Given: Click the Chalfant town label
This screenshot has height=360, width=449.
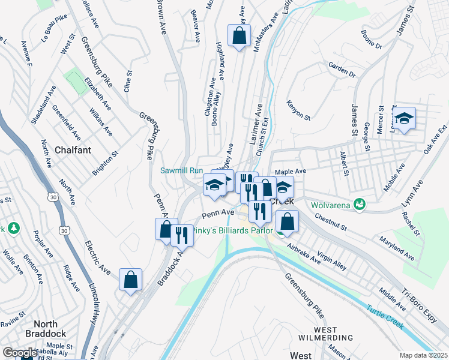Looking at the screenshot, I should [73, 149].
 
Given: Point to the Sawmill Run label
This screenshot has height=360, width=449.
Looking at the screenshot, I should [181, 170].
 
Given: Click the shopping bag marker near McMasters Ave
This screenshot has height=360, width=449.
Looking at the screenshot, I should [239, 35].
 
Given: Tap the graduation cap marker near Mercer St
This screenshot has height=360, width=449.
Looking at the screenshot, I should [405, 118].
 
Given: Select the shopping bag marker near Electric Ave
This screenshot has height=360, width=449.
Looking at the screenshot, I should [130, 280].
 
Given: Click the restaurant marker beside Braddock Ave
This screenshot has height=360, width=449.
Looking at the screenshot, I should [182, 235].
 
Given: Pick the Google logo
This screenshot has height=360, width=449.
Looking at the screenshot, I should [20, 353].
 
